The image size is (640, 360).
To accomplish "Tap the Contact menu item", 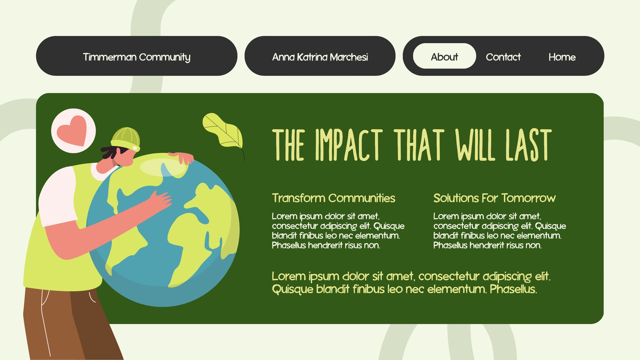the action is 503,57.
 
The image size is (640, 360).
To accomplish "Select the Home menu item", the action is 562,57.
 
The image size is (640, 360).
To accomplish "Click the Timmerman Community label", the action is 136,57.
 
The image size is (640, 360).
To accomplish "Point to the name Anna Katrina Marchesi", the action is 320,57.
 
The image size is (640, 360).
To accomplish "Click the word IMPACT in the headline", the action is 349,145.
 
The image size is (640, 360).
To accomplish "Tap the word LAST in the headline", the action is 528,145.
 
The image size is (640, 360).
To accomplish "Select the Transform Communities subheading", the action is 334,198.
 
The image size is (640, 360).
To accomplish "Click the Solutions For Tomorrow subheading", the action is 494,198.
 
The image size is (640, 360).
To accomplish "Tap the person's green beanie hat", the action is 126,139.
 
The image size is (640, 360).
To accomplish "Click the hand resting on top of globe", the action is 182,158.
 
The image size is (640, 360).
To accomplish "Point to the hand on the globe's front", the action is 160,201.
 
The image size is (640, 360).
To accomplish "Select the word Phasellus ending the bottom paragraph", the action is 514,289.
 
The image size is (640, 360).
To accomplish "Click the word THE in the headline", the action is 288,145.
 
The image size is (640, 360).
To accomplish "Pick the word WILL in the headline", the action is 475,145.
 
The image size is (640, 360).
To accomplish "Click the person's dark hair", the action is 112,152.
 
